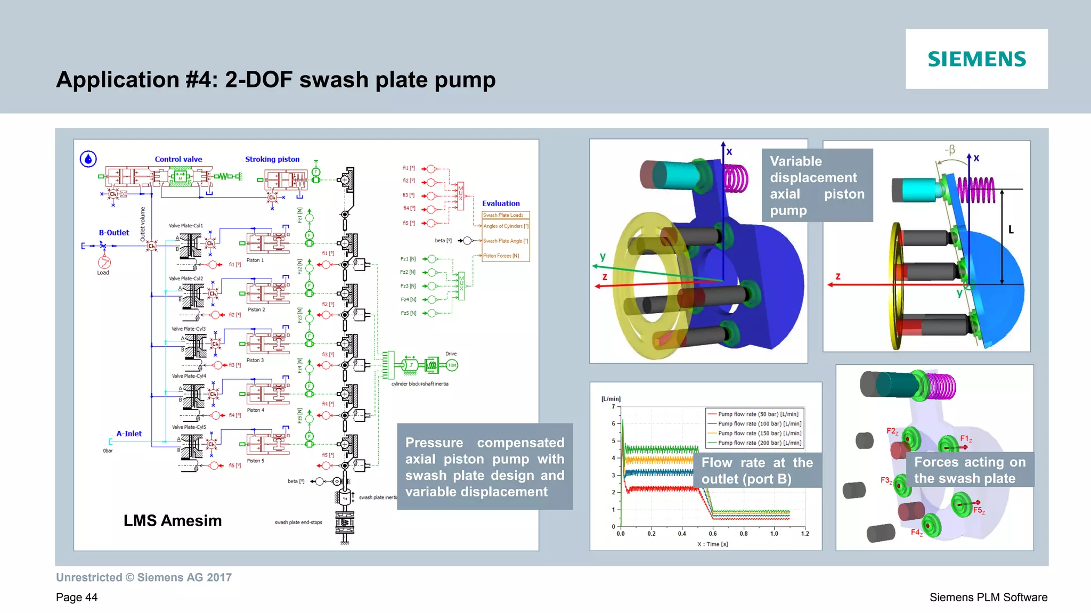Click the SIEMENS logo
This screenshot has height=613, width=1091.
tap(976, 59)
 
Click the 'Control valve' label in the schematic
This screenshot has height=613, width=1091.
tap(178, 159)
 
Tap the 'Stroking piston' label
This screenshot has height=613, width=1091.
tap(272, 159)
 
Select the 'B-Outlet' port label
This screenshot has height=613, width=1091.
tap(114, 233)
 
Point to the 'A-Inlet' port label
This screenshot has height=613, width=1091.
tap(129, 434)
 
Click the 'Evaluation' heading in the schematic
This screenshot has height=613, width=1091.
tap(501, 203)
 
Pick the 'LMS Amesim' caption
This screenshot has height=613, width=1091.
tap(173, 520)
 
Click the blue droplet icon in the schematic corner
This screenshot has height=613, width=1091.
tap(88, 159)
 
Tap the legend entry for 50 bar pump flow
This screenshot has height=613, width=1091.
tap(758, 414)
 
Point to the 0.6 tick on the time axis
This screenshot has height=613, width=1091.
tap(713, 533)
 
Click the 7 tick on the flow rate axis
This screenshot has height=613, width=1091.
tap(614, 406)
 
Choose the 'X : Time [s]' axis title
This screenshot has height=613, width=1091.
tap(713, 544)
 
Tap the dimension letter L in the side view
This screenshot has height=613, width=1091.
tap(1011, 230)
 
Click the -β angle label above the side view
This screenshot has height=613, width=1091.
tap(950, 150)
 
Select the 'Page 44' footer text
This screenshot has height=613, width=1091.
tap(77, 597)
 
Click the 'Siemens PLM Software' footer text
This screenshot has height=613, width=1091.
tap(988, 597)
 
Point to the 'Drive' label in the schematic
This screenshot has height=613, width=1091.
tap(451, 354)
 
